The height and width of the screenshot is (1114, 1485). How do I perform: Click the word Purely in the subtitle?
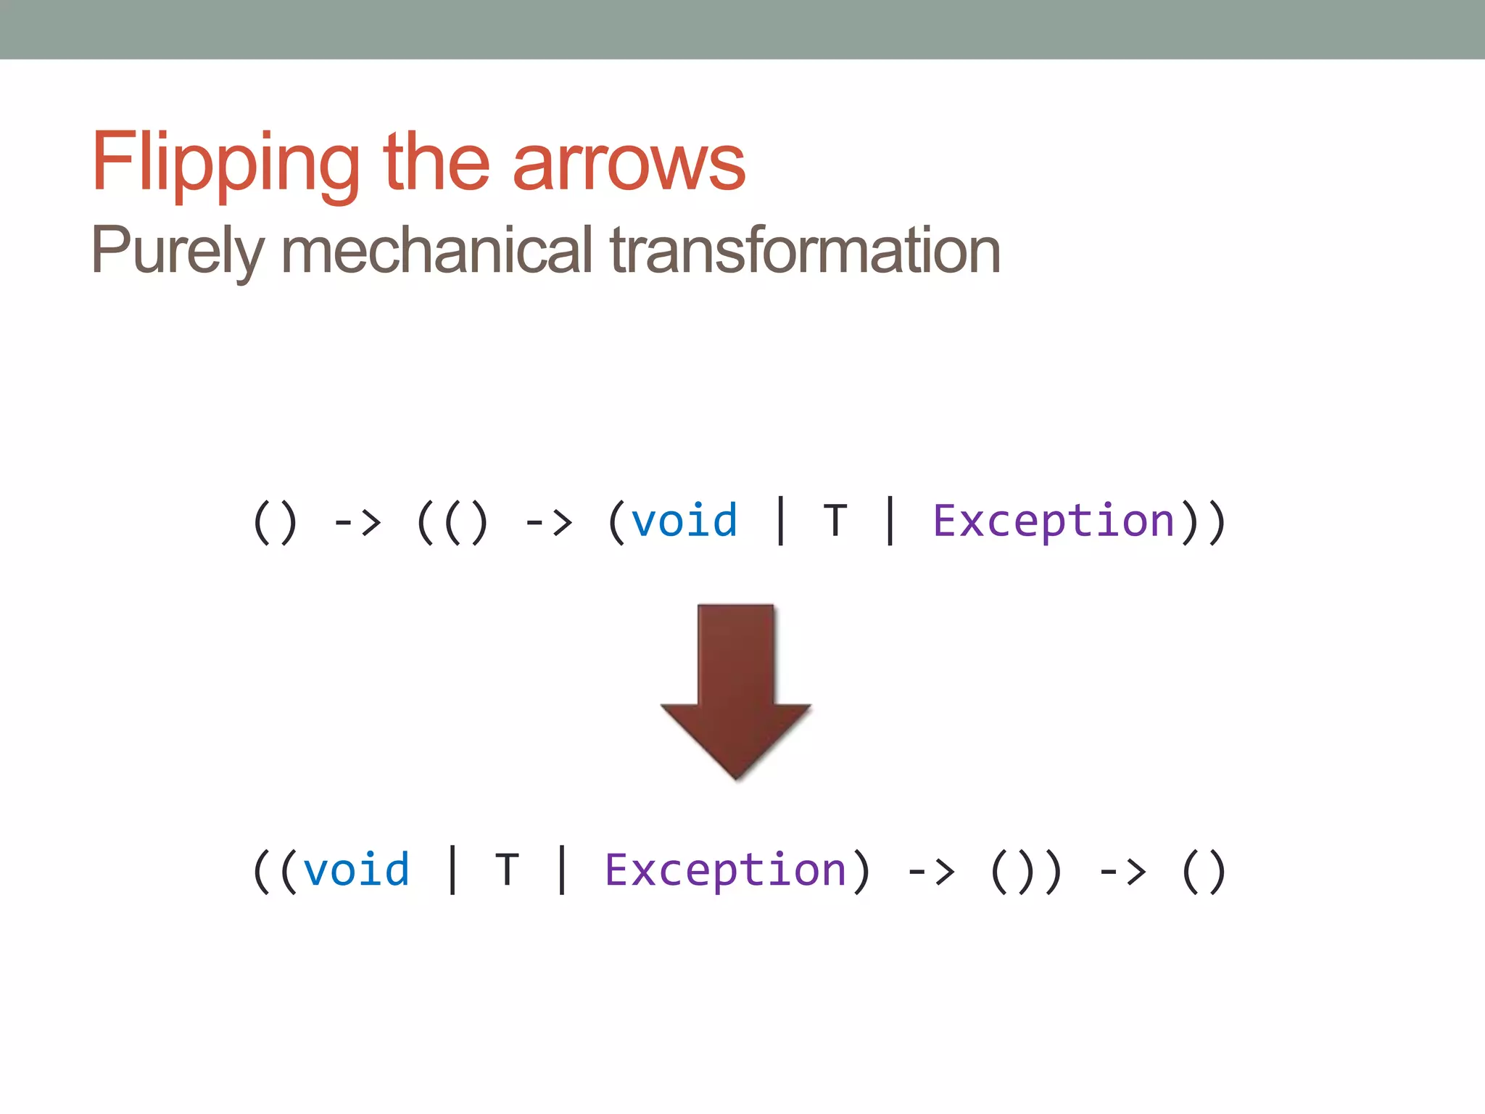pyautogui.click(x=178, y=251)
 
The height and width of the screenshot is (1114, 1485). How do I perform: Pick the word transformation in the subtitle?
pyautogui.click(x=805, y=249)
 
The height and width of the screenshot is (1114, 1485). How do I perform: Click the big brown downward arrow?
pyautogui.click(x=735, y=689)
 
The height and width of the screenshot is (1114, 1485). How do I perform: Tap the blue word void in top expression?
pyautogui.click(x=684, y=521)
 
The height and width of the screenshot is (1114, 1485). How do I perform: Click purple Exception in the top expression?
pyautogui.click(x=1053, y=521)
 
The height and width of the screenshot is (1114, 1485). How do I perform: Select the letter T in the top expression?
pyautogui.click(x=835, y=521)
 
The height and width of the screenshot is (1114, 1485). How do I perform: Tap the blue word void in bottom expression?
pyautogui.click(x=356, y=870)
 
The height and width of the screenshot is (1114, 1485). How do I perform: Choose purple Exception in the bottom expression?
pyautogui.click(x=725, y=870)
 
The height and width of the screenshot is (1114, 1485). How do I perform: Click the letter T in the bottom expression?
pyautogui.click(x=508, y=870)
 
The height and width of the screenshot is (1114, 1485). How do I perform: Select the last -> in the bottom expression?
pyautogui.click(x=1122, y=871)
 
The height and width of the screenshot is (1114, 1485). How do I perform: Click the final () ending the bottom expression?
pyautogui.click(x=1204, y=871)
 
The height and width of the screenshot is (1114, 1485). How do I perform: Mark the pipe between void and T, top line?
pyautogui.click(x=781, y=521)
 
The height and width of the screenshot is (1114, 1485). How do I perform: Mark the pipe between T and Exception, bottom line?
pyautogui.click(x=562, y=870)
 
